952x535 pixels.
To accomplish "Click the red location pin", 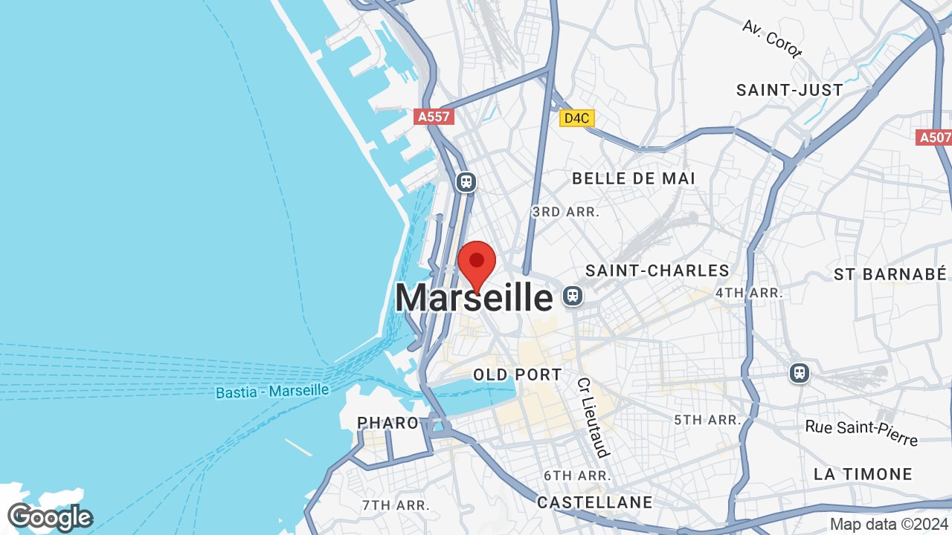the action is pos(477,263).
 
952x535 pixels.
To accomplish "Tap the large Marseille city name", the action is pos(474,298).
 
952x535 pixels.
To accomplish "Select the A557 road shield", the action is pos(434,117).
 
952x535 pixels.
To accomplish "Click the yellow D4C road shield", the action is pos(577,117).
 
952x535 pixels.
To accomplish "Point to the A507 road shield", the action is pos(935,137).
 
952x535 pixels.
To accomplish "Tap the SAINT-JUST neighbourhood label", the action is pos(790,90).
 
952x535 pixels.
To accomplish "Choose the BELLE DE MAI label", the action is pos(634,178).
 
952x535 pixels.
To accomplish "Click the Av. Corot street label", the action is pos(772,39).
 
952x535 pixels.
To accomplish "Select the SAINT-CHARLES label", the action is pos(657,270).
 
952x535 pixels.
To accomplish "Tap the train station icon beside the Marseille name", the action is pos(572,296).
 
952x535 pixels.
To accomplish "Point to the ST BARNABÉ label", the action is pos(890,273).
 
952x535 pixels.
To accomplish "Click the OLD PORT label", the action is pos(518,374).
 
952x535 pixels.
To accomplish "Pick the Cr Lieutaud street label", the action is pos(593,418).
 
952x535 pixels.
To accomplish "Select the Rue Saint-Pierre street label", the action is pos(861,432).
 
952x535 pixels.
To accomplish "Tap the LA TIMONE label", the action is pos(863,474).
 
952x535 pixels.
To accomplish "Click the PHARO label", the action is pos(388,423).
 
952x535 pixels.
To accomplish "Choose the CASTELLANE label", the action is pos(594,503).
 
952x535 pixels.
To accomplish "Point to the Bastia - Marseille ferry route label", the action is pos(272,391).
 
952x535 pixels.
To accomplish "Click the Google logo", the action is pos(50,517).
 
